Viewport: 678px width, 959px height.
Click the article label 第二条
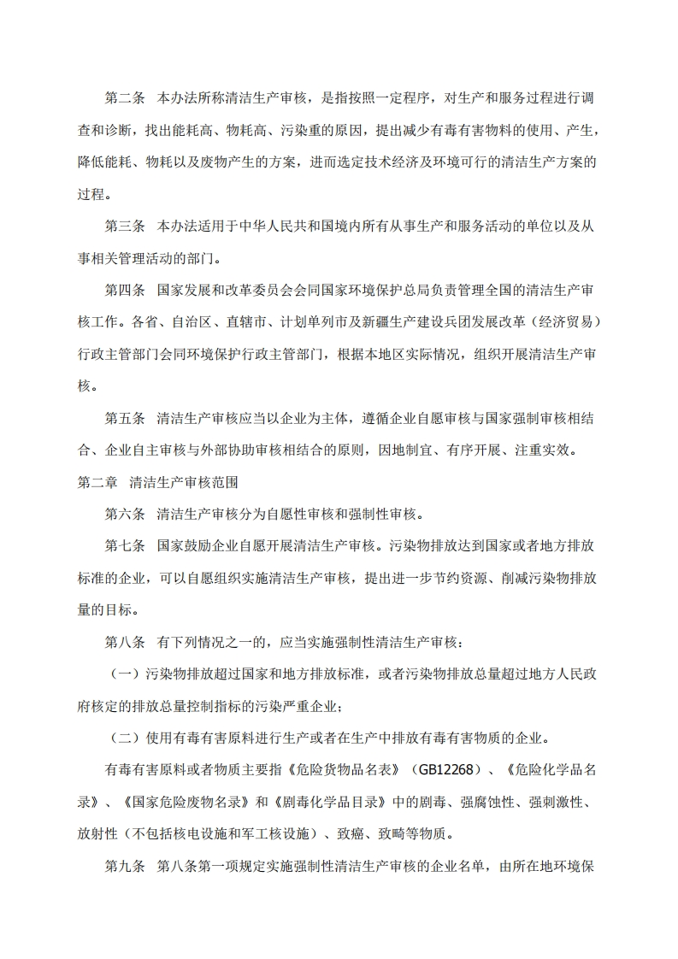click(x=125, y=98)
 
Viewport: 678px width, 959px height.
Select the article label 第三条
click(x=125, y=227)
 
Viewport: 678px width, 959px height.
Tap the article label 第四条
click(x=125, y=290)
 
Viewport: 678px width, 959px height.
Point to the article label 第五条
click(x=125, y=418)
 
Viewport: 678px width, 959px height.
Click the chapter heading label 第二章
click(x=97, y=482)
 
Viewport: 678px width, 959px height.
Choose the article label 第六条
click(x=125, y=514)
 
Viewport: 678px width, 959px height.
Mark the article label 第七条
click(x=125, y=546)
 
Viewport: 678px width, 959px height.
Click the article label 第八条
click(x=125, y=642)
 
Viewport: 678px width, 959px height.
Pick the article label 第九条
click(x=125, y=866)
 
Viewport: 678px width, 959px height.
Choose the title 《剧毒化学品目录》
click(x=329, y=802)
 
